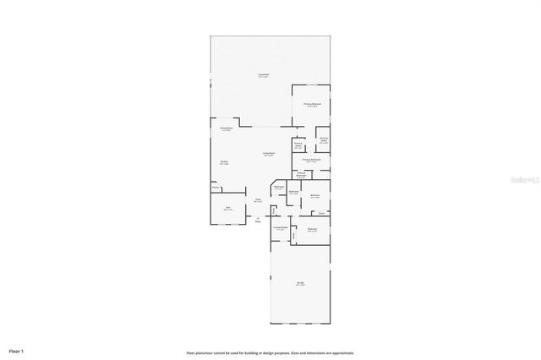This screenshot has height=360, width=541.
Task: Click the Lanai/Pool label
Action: (x=264, y=74)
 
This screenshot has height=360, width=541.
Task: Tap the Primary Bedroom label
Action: (x=311, y=104)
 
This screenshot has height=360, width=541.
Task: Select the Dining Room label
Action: (x=227, y=128)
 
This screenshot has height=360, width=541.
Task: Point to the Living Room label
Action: (x=269, y=153)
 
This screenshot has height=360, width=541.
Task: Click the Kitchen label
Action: (x=224, y=162)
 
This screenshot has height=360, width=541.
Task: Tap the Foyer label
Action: (x=258, y=199)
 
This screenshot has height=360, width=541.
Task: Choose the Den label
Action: (x=227, y=207)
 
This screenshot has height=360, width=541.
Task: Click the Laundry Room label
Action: (x=281, y=227)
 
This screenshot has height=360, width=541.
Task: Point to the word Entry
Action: (x=258, y=222)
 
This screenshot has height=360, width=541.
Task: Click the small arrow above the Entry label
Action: (x=258, y=217)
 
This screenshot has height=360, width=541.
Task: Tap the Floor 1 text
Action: (x=17, y=351)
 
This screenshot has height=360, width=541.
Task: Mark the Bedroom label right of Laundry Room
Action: (x=312, y=229)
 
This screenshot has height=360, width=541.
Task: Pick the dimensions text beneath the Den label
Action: (x=227, y=210)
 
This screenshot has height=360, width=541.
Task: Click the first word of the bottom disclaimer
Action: (x=191, y=352)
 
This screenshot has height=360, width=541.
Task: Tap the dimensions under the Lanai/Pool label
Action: (x=264, y=78)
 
